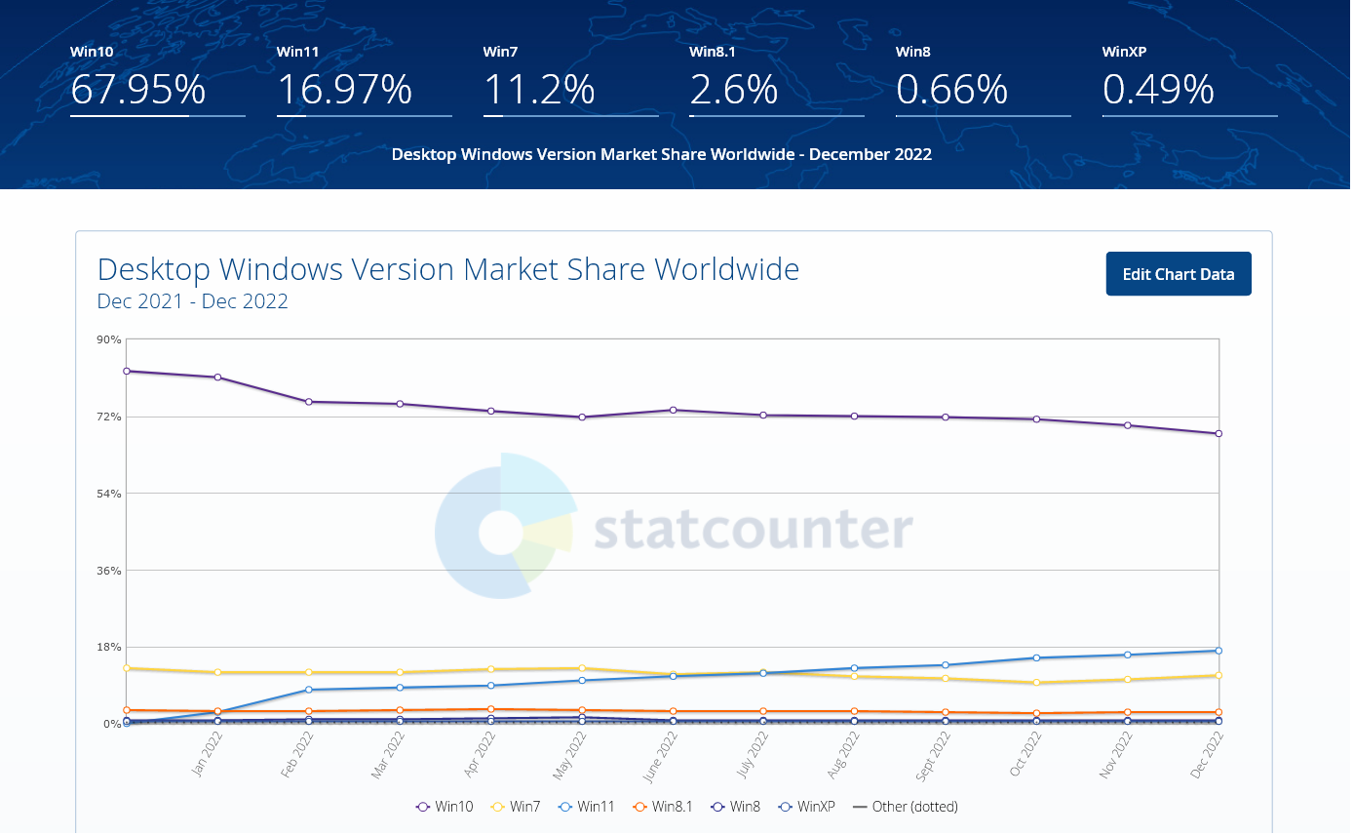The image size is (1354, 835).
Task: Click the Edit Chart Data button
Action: point(1178,274)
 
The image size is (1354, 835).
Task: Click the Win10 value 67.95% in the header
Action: point(137,90)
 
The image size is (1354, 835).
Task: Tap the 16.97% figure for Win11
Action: point(344,90)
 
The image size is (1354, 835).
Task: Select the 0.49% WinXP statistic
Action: point(1158,90)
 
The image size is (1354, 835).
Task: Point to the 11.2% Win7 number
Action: point(539,90)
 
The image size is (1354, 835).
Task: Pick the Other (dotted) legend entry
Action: point(906,807)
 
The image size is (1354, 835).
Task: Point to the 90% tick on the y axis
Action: point(109,339)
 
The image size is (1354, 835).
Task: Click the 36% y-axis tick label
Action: point(109,571)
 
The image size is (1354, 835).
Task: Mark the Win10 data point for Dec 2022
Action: point(1219,433)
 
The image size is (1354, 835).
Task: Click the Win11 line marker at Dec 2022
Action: point(1219,651)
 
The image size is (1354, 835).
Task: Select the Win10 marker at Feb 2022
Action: point(309,402)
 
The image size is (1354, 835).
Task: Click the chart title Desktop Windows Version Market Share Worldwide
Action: point(448,268)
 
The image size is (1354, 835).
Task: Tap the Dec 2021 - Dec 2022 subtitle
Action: point(193,301)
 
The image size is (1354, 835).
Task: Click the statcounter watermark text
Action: point(753,530)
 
